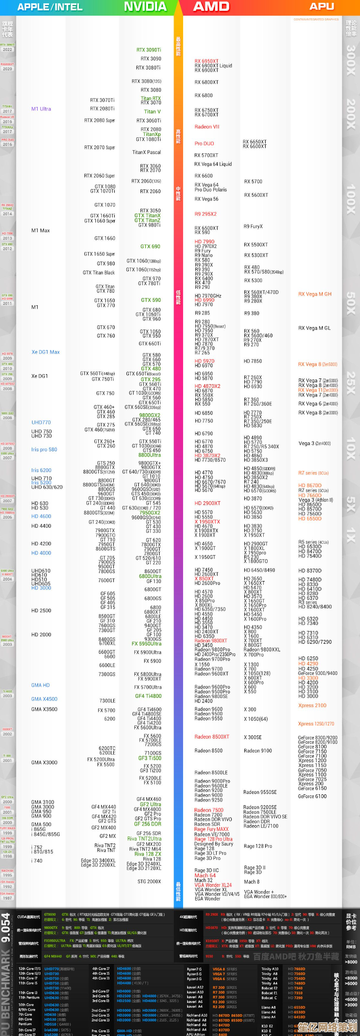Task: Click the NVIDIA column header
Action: (145, 7)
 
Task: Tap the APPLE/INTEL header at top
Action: (50, 7)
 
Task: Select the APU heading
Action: (322, 7)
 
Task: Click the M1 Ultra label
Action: (41, 109)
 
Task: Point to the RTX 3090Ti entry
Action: (149, 50)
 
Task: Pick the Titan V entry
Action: (152, 112)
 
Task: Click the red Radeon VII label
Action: (207, 126)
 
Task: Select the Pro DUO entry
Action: (204, 143)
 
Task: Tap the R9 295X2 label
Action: (205, 214)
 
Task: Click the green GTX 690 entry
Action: (150, 246)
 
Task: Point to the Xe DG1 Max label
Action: (45, 352)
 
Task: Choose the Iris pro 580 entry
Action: (44, 450)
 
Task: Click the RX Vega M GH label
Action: (315, 294)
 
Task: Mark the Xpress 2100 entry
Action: (312, 706)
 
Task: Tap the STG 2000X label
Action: (149, 882)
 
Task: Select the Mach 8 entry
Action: (251, 882)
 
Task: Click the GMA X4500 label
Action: (44, 699)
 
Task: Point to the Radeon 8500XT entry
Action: (212, 737)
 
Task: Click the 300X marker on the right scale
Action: (351, 60)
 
